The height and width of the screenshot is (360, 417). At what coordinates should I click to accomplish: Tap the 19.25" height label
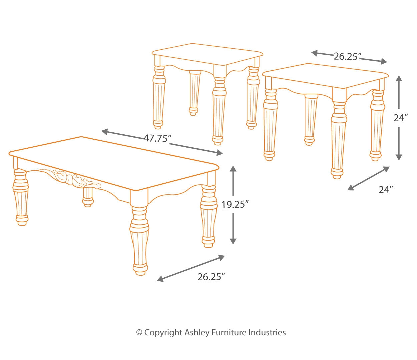(x=235, y=205)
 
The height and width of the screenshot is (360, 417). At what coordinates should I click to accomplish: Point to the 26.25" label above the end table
(x=348, y=57)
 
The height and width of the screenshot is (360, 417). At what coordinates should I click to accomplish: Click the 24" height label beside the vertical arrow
(x=401, y=118)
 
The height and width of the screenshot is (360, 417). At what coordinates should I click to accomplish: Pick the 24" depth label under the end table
(x=386, y=190)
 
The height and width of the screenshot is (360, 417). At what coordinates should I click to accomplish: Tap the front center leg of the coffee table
(x=139, y=240)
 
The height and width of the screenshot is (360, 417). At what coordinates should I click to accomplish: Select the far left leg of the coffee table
(x=21, y=198)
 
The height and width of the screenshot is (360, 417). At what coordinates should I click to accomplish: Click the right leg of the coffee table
(x=209, y=217)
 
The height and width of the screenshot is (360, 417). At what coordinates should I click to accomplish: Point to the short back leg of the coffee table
(x=88, y=197)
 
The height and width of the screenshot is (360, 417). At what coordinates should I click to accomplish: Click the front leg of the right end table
(x=338, y=140)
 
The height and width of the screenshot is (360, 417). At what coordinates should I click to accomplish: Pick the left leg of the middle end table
(x=158, y=97)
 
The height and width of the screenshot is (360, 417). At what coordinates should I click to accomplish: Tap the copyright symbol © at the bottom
(x=139, y=333)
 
